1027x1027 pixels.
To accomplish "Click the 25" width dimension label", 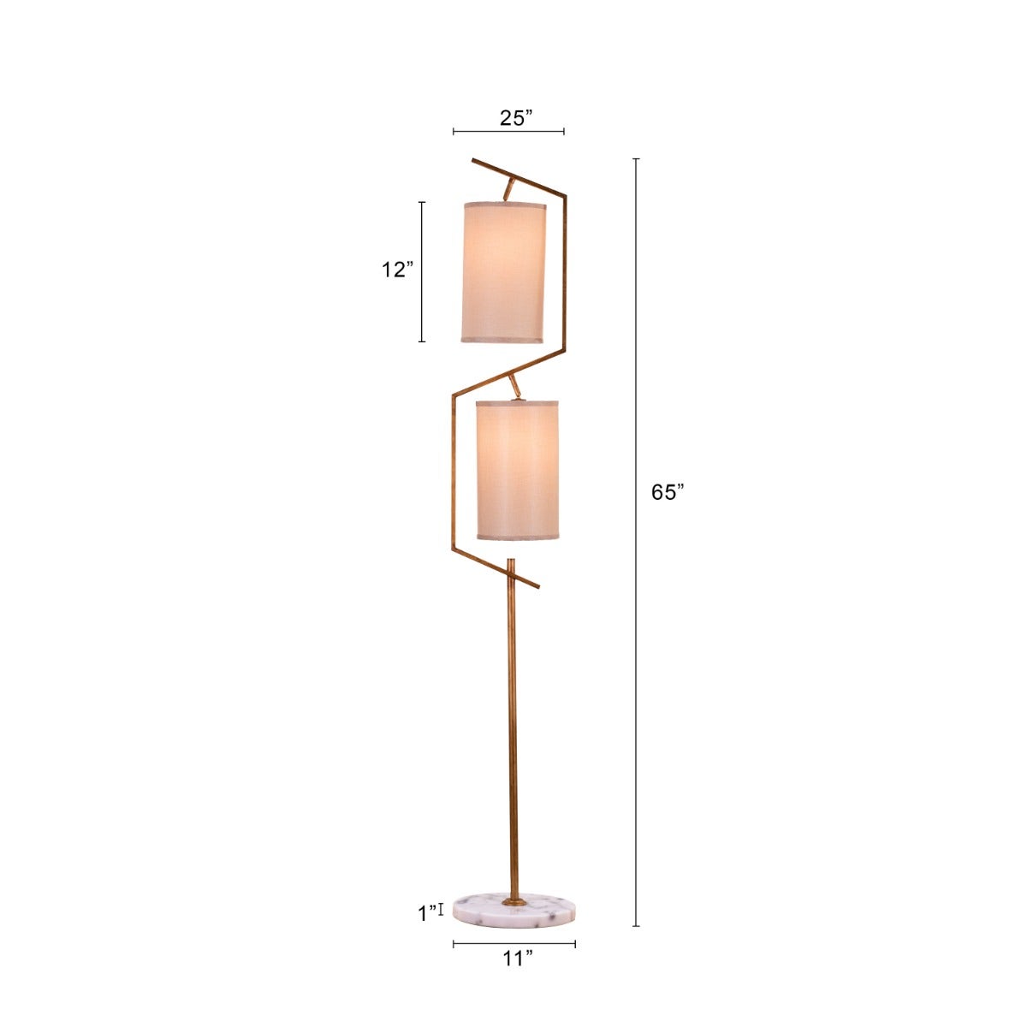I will click(517, 118).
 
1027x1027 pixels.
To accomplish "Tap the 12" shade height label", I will click(397, 270).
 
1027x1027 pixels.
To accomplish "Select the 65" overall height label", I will click(668, 492).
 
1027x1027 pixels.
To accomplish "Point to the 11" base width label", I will click(517, 959).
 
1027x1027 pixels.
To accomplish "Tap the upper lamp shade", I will click(503, 272).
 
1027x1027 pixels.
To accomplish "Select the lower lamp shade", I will click(517, 470).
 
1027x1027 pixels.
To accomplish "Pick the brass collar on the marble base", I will click(514, 900).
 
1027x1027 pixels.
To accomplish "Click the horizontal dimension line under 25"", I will click(508, 132).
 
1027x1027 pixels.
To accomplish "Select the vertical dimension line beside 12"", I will click(422, 272).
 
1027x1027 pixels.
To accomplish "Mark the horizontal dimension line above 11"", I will click(514, 944).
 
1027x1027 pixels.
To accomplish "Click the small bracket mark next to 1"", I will click(441, 910).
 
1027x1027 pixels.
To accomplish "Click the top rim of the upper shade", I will click(503, 206).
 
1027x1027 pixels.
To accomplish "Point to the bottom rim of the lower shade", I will click(517, 537).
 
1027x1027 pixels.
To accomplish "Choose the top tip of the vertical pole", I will click(511, 562).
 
